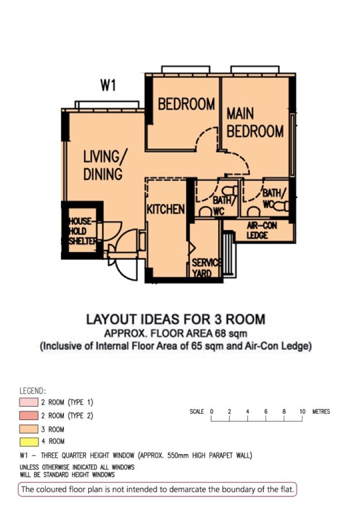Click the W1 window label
108,85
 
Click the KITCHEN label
166,209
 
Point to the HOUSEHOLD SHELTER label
82,231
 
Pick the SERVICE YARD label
206,268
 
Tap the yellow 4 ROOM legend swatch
31,441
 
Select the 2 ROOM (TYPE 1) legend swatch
31,402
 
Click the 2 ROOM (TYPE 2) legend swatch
31,415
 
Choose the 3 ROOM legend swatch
31,429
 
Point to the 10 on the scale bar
302,411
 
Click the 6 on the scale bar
265,411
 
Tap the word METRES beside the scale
321,411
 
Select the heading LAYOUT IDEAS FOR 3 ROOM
175,319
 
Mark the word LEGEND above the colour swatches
33,391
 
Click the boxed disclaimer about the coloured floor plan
157,489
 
